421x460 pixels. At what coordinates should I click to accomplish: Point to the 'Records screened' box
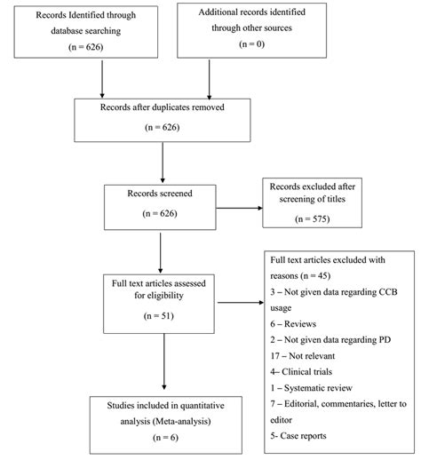click(x=160, y=206)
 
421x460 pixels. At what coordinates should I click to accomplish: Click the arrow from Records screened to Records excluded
click(x=237, y=209)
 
